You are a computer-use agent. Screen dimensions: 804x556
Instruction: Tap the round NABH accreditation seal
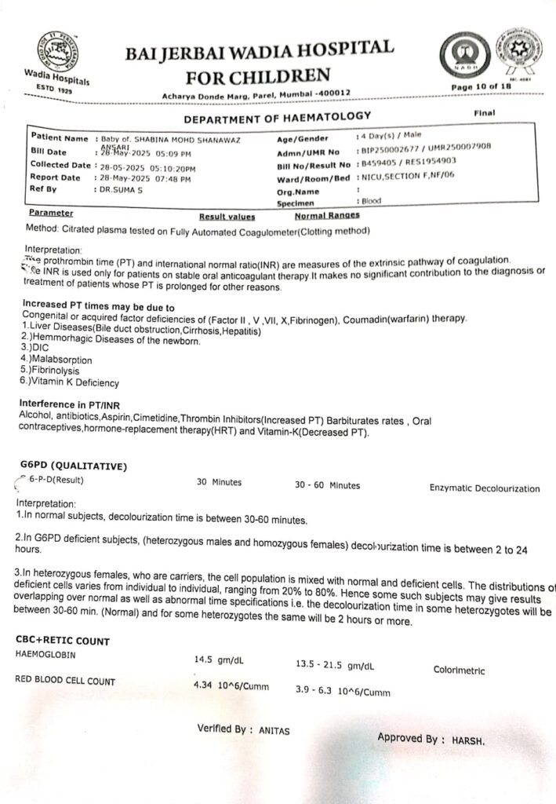click(x=460, y=57)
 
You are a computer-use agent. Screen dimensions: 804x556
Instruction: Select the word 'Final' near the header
click(x=485, y=113)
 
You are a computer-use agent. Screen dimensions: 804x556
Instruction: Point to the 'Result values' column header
click(x=227, y=216)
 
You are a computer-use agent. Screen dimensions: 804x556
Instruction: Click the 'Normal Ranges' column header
click(x=327, y=215)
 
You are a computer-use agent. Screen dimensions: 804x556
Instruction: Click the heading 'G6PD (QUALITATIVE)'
click(x=73, y=466)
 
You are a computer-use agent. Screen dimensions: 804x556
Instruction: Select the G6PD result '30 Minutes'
click(x=219, y=482)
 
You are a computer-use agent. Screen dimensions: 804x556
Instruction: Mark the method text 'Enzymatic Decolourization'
click(x=484, y=488)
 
